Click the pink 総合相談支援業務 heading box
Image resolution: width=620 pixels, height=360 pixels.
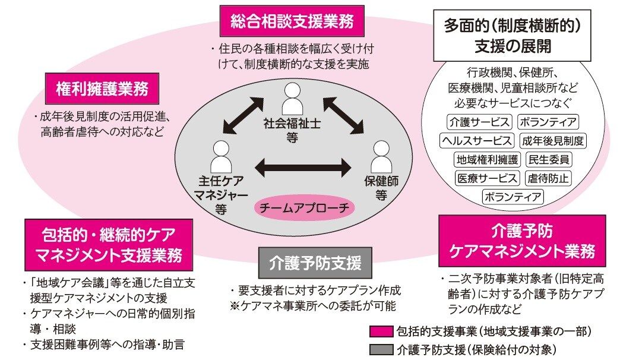[292, 22]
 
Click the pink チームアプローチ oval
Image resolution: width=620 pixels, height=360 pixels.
[305, 208]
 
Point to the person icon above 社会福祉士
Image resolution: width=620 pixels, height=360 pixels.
[292, 98]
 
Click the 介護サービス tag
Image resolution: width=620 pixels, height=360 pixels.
[479, 122]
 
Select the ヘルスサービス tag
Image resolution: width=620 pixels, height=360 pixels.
[476, 141]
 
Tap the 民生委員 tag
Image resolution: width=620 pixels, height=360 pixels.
[549, 159]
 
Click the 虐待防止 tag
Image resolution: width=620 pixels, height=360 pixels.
[548, 178]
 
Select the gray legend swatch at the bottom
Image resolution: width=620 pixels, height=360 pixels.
[381, 349]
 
